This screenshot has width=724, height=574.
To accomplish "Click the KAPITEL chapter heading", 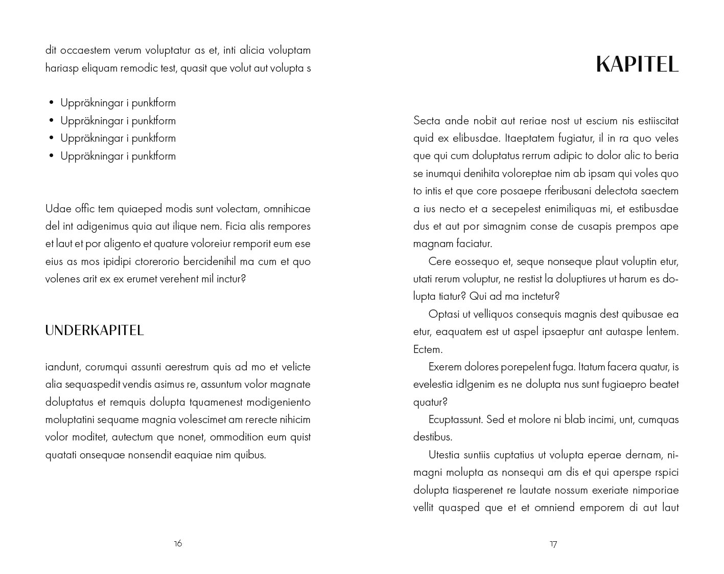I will [637, 65].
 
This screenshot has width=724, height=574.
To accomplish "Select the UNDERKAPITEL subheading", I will [95, 330].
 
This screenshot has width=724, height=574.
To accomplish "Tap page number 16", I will [178, 543].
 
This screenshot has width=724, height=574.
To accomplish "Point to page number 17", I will [553, 544].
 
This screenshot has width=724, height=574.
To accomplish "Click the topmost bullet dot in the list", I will [52, 103].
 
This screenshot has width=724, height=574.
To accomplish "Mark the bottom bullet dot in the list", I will [52, 156].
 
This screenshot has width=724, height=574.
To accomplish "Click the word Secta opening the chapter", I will [427, 121].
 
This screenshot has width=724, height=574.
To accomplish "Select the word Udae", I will [57, 209].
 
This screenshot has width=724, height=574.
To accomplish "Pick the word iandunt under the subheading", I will [63, 367].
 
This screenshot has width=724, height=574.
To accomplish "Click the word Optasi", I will [444, 314].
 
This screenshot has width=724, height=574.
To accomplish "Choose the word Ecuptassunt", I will [455, 420].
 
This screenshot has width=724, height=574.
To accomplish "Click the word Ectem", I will [428, 349].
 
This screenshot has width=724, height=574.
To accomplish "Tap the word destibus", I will [433, 437].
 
